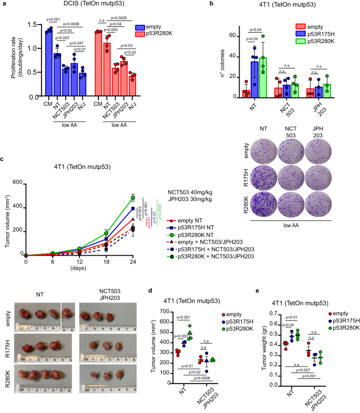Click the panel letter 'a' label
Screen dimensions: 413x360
pyautogui.click(x=4, y=5)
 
